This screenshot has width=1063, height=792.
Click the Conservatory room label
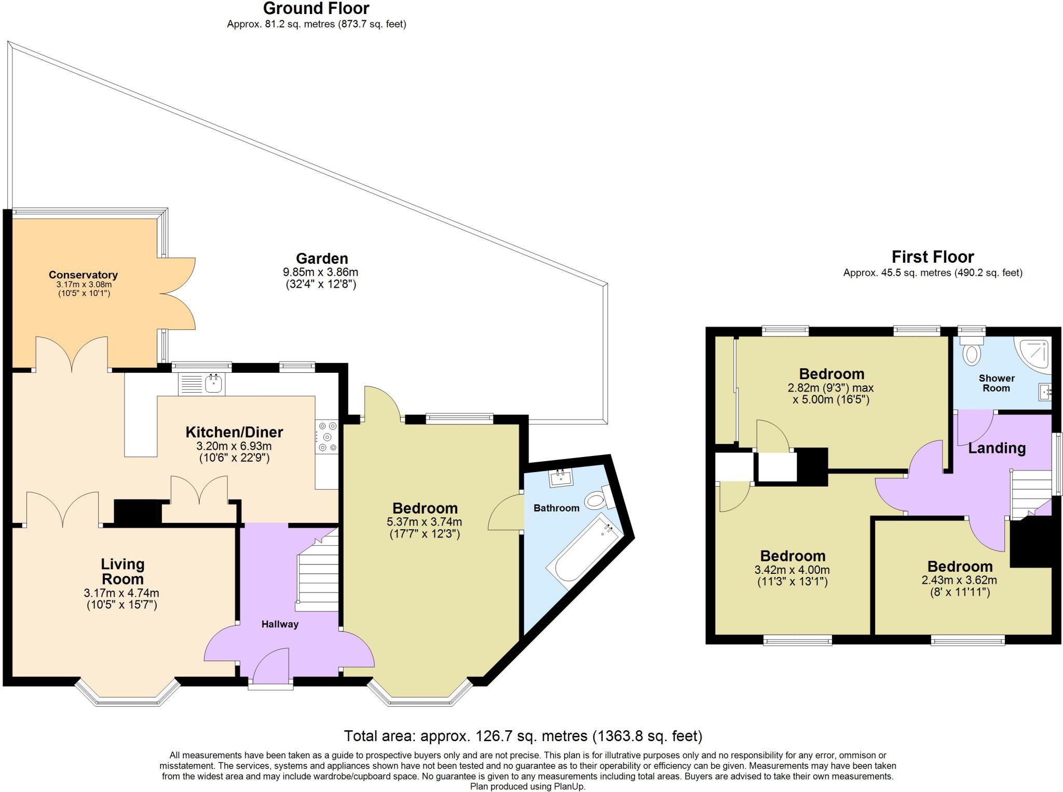[83, 275]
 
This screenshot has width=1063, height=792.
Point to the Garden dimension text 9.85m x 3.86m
[320, 272]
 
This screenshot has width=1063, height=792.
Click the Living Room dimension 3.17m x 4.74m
[121, 593]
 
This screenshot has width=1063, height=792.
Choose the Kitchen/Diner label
[234, 432]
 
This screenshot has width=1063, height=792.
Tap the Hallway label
[280, 624]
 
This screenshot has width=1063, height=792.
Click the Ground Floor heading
[316, 9]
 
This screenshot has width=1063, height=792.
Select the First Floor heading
[932, 257]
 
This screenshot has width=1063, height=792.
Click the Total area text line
[523, 736]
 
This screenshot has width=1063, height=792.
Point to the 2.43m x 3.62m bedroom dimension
[959, 580]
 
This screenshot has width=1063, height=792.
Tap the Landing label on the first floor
[997, 448]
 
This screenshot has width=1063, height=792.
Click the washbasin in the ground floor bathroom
[560, 478]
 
